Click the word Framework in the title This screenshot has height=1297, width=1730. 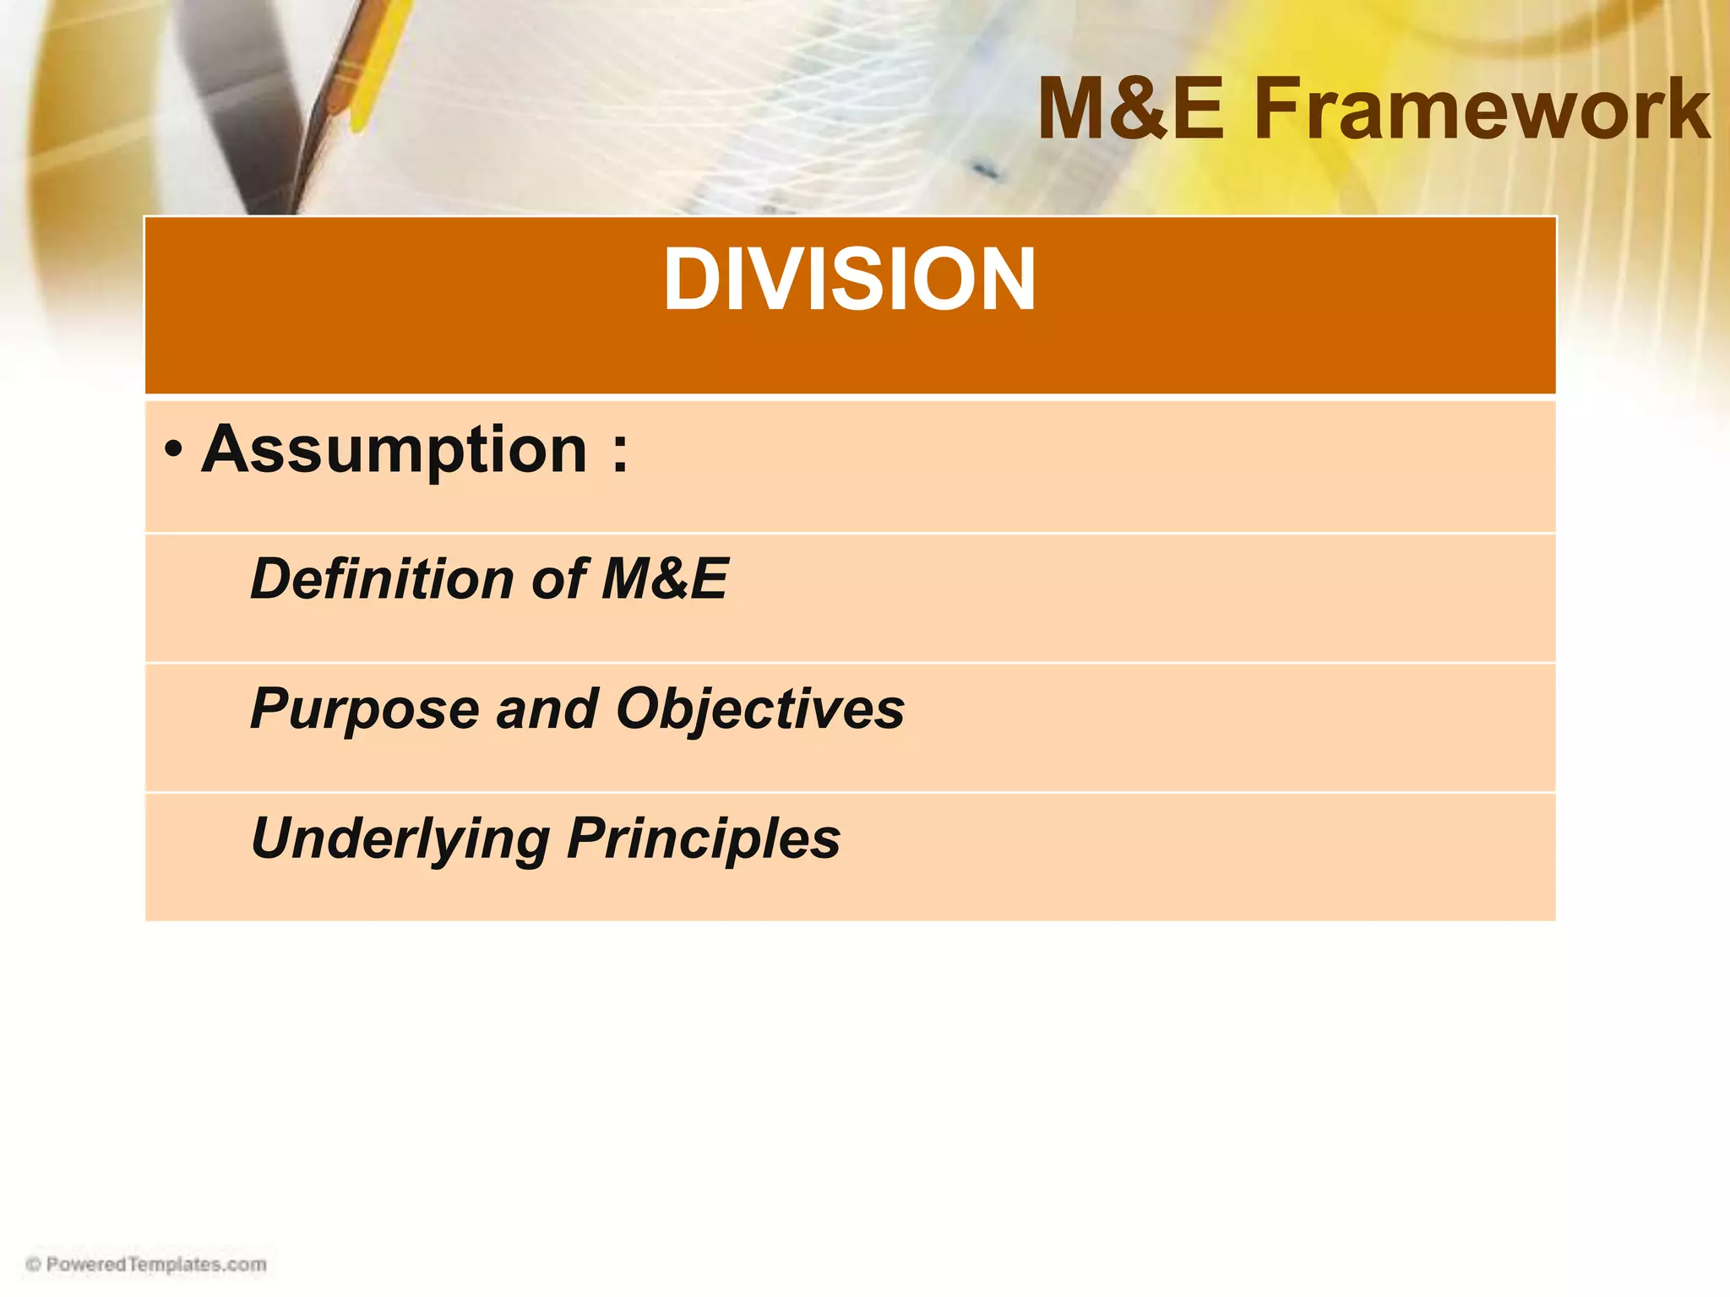[x=1482, y=110]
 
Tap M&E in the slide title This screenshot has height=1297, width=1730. [x=1130, y=110]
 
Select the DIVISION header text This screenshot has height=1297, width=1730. [x=849, y=280]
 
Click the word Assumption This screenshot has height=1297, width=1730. [x=394, y=450]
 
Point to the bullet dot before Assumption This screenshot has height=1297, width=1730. [x=173, y=450]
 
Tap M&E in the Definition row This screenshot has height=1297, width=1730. [x=664, y=579]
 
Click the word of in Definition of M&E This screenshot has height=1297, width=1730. [x=558, y=579]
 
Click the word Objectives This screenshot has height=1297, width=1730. [x=759, y=709]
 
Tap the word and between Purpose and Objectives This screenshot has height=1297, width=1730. [x=547, y=709]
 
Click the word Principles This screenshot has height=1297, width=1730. [x=704, y=839]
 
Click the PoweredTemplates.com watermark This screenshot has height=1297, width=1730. [x=156, y=1264]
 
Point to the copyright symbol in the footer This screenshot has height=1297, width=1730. [x=34, y=1264]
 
